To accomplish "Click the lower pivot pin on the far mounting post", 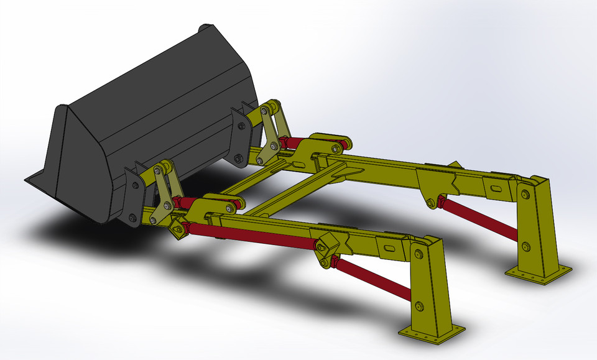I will click(527, 246).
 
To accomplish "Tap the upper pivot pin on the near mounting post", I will click(420, 255).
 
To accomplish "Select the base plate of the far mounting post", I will click(539, 274).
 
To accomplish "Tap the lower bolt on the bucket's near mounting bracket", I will click(132, 218).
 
